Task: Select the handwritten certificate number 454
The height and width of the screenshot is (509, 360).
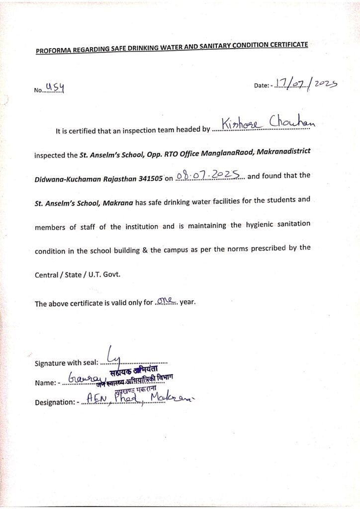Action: (x=55, y=88)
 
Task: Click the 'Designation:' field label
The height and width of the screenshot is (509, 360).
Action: (x=55, y=402)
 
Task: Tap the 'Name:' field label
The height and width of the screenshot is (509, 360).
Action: (x=45, y=383)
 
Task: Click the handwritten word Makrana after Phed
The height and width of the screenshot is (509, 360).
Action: (x=171, y=398)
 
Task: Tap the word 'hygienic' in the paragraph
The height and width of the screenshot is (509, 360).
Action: (x=262, y=225)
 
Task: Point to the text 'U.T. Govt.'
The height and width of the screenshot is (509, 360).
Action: (x=104, y=274)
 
